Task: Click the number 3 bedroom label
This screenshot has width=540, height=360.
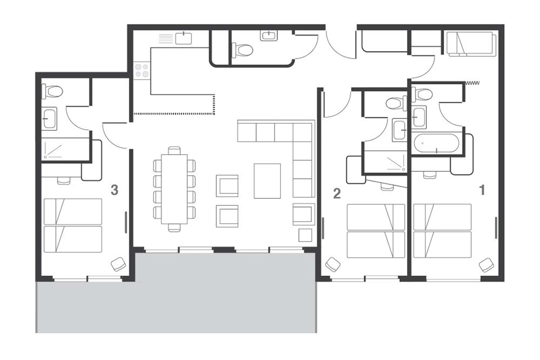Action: pos(114,190)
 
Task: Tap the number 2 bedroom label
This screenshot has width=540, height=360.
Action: pos(337,194)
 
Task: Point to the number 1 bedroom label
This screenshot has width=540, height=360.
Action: pos(482,190)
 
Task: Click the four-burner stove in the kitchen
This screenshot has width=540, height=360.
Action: pos(142,71)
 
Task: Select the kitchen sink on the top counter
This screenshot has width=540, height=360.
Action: pos(183,38)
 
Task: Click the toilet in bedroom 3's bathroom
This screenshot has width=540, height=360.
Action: pos(52,91)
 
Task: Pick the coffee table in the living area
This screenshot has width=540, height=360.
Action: pos(267,181)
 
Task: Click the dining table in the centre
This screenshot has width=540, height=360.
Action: pos(174,189)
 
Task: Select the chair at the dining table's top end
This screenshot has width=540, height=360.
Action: pos(174,150)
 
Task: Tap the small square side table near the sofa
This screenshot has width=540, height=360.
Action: pos(305,235)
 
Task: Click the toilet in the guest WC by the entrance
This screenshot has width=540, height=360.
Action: pos(242,50)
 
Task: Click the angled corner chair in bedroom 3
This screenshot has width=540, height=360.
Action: pos(118,264)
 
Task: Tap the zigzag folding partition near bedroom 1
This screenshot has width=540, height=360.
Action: pos(472,83)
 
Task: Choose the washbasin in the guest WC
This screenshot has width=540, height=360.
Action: pos(269,36)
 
